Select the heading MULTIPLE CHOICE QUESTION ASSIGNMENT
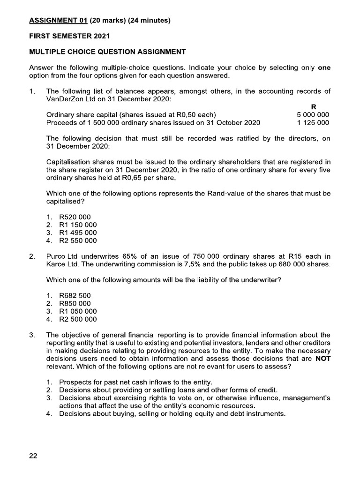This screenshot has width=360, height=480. (x=107, y=52)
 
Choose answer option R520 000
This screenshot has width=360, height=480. (x=75, y=217)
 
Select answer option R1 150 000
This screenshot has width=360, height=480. (x=78, y=225)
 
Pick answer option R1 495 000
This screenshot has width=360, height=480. (x=78, y=233)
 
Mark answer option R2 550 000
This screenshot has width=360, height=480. (x=78, y=241)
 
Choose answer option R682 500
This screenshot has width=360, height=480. (x=75, y=296)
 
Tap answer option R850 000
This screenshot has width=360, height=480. (x=75, y=304)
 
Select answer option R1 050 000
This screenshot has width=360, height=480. (x=78, y=311)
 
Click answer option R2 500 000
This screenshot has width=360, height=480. (x=78, y=319)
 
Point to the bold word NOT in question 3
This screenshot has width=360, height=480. (x=322, y=359)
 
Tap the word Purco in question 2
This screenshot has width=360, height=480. (x=56, y=256)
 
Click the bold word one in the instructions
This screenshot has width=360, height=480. (x=324, y=67)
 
